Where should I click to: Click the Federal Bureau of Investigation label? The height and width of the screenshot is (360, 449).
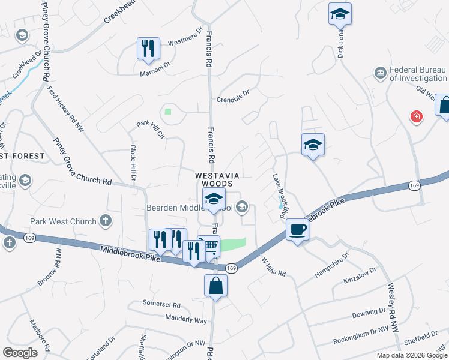pyautogui.click(x=418, y=74)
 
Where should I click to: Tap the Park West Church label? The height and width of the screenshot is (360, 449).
pyautogui.click(x=66, y=221)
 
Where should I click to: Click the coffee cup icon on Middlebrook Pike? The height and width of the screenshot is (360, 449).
pyautogui.click(x=297, y=229)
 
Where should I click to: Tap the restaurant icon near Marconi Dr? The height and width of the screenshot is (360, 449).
pyautogui.click(x=148, y=49)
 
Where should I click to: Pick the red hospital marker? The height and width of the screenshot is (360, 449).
pyautogui.click(x=415, y=116)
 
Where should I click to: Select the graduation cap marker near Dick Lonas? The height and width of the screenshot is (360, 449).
pyautogui.click(x=340, y=14)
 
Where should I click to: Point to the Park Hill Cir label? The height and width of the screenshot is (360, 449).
pyautogui.click(x=150, y=128)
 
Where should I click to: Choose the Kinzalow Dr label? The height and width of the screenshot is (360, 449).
pyautogui.click(x=360, y=277)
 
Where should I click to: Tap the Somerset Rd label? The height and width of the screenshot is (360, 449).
pyautogui.click(x=161, y=303)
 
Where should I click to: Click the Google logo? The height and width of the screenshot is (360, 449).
pyautogui.click(x=20, y=353)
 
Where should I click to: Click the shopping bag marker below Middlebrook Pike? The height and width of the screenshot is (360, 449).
pyautogui.click(x=215, y=286)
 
